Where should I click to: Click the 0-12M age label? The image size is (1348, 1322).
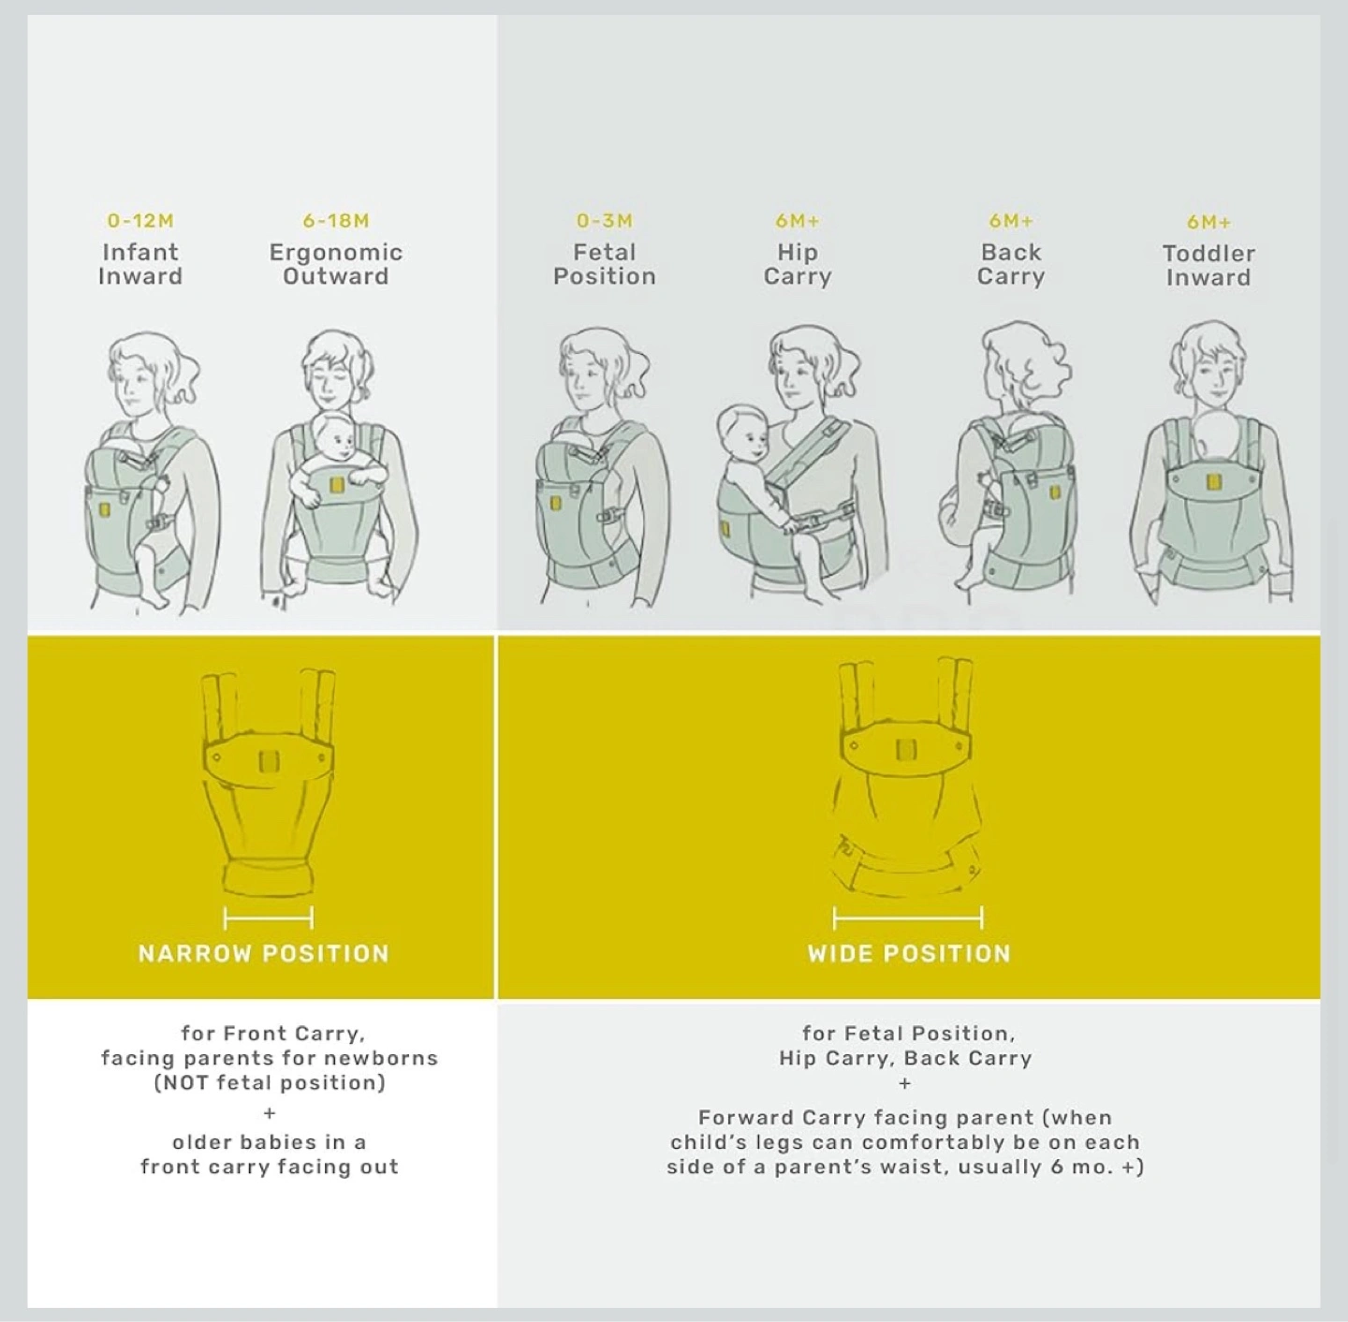[x=139, y=221]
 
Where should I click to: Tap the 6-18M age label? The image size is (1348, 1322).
[x=336, y=221]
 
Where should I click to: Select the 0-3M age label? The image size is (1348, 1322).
[x=605, y=221]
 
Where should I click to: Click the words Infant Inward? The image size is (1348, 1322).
[x=139, y=265]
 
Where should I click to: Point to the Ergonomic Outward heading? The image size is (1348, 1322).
[x=336, y=265]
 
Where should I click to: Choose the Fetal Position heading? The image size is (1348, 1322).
[x=605, y=265]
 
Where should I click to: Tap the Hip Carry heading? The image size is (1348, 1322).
[x=798, y=265]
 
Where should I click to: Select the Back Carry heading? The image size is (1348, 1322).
[x=1011, y=265]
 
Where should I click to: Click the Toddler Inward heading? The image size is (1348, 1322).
[x=1209, y=266]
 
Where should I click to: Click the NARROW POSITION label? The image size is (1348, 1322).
[x=264, y=954]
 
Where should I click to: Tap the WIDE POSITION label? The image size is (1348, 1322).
[x=909, y=954]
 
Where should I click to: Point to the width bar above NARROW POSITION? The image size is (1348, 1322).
[x=269, y=918]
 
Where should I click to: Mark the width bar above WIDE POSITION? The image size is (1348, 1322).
[x=908, y=918]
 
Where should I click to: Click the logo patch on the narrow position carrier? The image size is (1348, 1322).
[x=270, y=761]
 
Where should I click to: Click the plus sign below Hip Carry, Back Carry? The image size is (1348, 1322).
[x=905, y=1083]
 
